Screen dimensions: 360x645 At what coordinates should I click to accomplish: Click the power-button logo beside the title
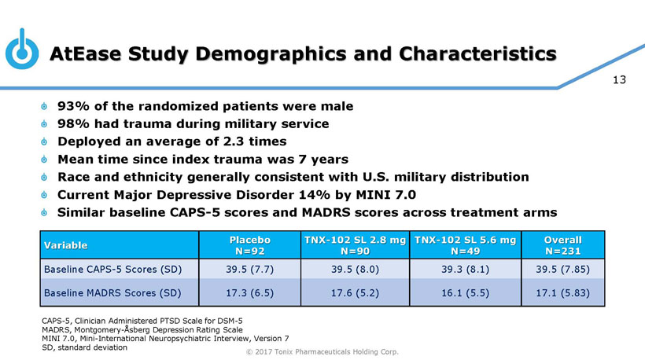pyautogui.click(x=22, y=52)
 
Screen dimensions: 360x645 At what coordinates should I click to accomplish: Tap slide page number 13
pyautogui.click(x=617, y=79)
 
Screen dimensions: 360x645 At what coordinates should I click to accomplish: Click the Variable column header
pyautogui.click(x=65, y=245)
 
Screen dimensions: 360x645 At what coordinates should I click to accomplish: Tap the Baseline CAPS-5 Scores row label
pyautogui.click(x=112, y=270)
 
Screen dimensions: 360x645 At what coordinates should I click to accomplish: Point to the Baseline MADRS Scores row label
pyautogui.click(x=112, y=294)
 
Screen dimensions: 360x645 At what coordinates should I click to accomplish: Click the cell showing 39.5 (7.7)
pyautogui.click(x=249, y=270)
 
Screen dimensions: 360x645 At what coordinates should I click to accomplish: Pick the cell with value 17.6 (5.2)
pyautogui.click(x=356, y=294)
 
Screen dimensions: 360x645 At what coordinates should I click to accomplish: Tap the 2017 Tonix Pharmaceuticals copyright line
pyautogui.click(x=322, y=351)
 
